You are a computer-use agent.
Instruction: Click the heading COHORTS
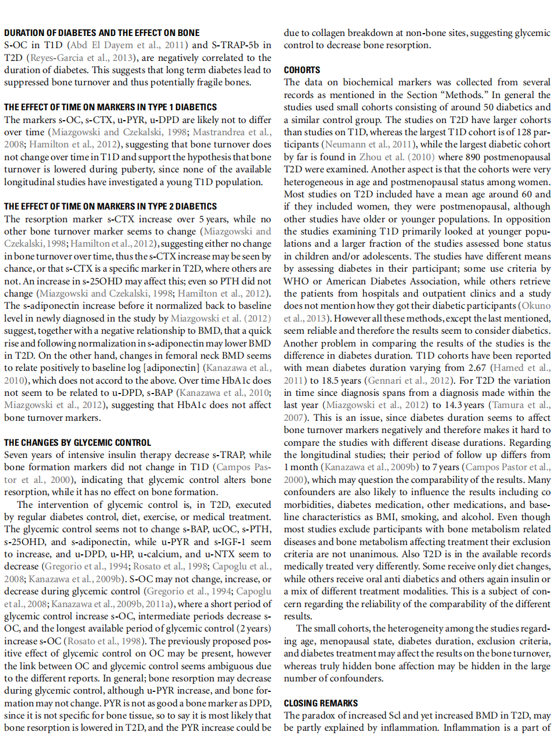click(x=302, y=70)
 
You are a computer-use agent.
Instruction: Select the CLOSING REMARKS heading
click(x=320, y=703)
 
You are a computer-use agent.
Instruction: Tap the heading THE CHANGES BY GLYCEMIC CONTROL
click(x=77, y=442)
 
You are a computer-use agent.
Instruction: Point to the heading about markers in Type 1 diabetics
click(x=110, y=107)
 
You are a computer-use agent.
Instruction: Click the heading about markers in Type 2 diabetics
click(x=110, y=206)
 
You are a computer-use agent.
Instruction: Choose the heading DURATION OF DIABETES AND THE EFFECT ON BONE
click(x=102, y=33)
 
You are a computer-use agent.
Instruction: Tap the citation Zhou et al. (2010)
click(x=396, y=157)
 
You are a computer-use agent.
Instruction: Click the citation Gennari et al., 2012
click(x=409, y=380)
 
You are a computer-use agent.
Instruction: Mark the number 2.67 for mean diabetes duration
click(x=476, y=367)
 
